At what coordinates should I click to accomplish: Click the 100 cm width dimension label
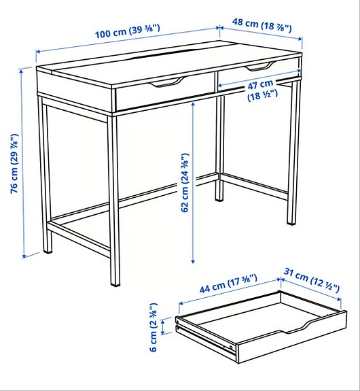tap(127, 32)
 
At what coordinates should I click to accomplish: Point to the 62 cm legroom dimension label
tap(185, 182)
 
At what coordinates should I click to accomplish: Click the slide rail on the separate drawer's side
tap(204, 337)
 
